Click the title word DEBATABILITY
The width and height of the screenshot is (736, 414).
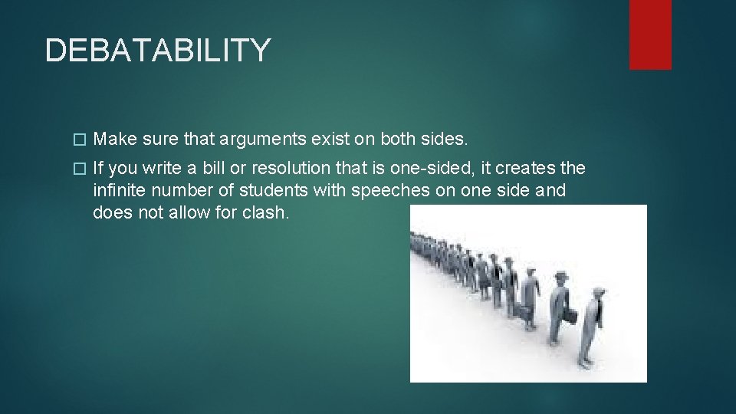(x=157, y=51)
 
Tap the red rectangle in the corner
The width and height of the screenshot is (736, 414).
(x=650, y=34)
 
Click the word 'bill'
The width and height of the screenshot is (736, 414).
(x=215, y=168)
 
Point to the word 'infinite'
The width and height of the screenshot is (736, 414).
(x=118, y=190)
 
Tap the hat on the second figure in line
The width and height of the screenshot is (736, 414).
(x=560, y=276)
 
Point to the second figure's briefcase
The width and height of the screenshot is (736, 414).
(x=570, y=316)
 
